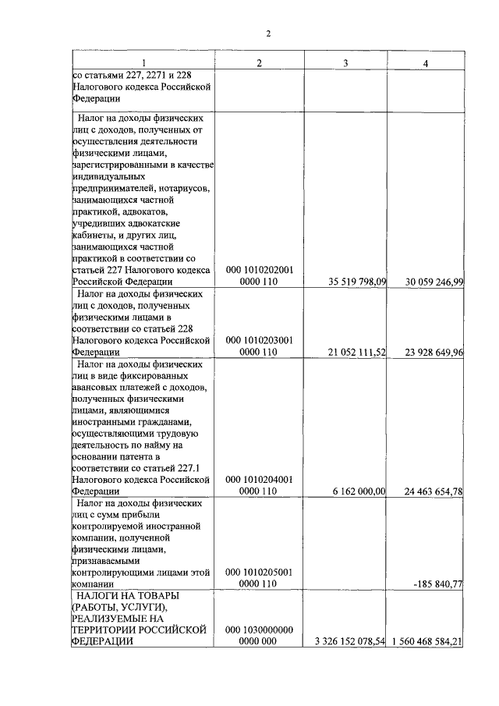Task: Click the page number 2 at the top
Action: point(268,34)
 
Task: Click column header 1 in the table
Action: point(143,62)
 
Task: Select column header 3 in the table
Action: point(345,62)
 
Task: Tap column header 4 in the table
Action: point(426,62)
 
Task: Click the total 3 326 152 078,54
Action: point(349,641)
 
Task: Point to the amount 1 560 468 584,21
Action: point(429,641)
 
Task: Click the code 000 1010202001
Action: point(259,270)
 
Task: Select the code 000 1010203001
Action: point(259,340)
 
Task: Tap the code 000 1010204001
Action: point(259,479)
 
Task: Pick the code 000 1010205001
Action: point(259,571)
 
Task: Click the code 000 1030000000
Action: point(259,629)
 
